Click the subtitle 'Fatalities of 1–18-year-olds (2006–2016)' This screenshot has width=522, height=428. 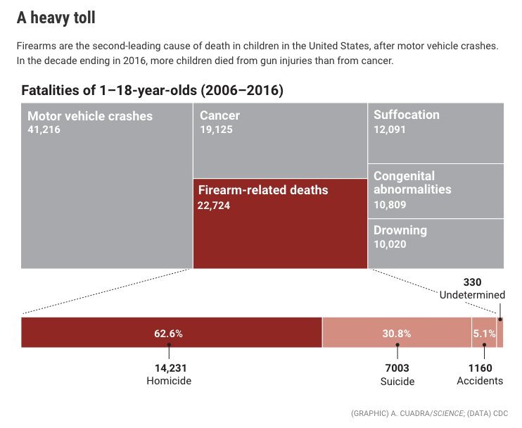click(x=152, y=91)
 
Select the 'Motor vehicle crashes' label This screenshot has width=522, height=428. click(x=89, y=116)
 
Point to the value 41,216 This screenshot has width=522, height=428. click(x=44, y=130)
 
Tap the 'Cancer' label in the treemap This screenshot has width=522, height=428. click(x=219, y=115)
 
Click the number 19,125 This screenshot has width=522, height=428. click(x=216, y=130)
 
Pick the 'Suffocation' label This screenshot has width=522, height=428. click(x=406, y=115)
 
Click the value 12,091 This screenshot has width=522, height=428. click(x=390, y=130)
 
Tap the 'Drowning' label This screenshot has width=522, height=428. click(x=400, y=230)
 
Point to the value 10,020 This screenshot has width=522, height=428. click(x=390, y=244)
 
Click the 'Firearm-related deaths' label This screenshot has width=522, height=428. click(x=263, y=190)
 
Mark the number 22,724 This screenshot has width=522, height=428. click(x=214, y=206)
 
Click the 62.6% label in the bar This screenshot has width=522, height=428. click(x=168, y=333)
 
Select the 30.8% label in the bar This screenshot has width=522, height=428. click(x=396, y=333)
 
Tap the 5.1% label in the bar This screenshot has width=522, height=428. click(x=483, y=333)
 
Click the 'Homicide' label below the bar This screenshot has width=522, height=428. click(x=169, y=381)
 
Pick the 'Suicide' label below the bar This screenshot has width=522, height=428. click(x=397, y=381)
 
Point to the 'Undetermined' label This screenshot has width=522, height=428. click(x=472, y=295)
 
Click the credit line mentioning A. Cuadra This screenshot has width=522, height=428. click(x=429, y=413)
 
